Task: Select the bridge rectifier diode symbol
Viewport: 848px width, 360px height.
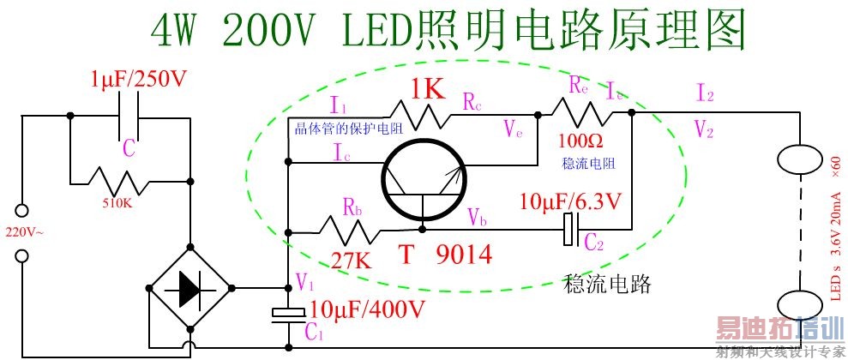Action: pyautogui.click(x=189, y=291)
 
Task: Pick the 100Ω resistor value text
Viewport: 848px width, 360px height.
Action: pyautogui.click(x=579, y=139)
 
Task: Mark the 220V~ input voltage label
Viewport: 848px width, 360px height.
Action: pyautogui.click(x=25, y=232)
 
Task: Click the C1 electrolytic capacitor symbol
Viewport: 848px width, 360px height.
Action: pyautogui.click(x=287, y=315)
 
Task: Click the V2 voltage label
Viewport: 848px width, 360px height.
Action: pyautogui.click(x=704, y=129)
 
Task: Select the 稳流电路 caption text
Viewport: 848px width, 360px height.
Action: pyautogui.click(x=607, y=282)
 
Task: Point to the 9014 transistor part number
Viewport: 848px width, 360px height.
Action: pyautogui.click(x=461, y=255)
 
